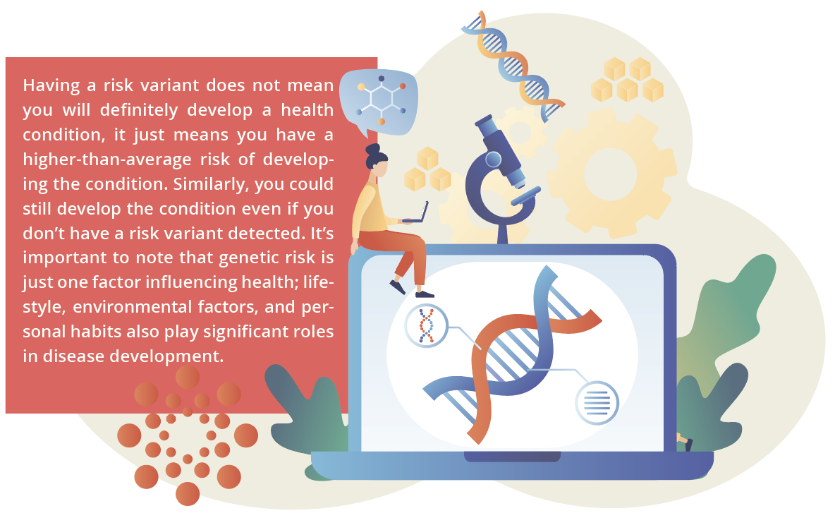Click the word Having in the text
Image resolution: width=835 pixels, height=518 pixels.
[51, 86]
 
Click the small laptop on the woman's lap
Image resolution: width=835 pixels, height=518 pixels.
[417, 212]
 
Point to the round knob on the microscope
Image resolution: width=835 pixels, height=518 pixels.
[494, 159]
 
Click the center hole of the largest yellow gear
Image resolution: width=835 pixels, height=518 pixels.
[610, 174]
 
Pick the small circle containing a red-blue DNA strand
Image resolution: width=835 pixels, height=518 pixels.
[426, 325]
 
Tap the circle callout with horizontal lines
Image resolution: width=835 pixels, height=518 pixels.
[597, 403]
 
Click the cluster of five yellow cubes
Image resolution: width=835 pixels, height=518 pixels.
[628, 80]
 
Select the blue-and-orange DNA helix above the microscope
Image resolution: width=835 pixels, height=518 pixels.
[512, 65]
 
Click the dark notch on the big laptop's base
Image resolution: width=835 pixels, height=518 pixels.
[512, 456]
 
